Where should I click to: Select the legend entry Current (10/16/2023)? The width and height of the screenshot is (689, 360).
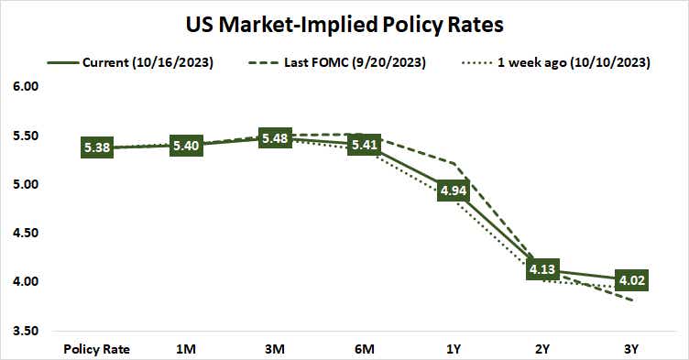(x=135, y=62)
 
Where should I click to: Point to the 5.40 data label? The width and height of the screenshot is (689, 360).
(x=188, y=146)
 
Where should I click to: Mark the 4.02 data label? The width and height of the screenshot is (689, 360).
(x=632, y=280)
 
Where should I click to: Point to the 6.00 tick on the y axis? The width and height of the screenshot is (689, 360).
(x=27, y=87)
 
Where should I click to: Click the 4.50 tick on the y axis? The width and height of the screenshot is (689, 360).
(x=27, y=233)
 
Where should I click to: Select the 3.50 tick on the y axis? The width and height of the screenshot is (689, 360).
(x=27, y=330)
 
